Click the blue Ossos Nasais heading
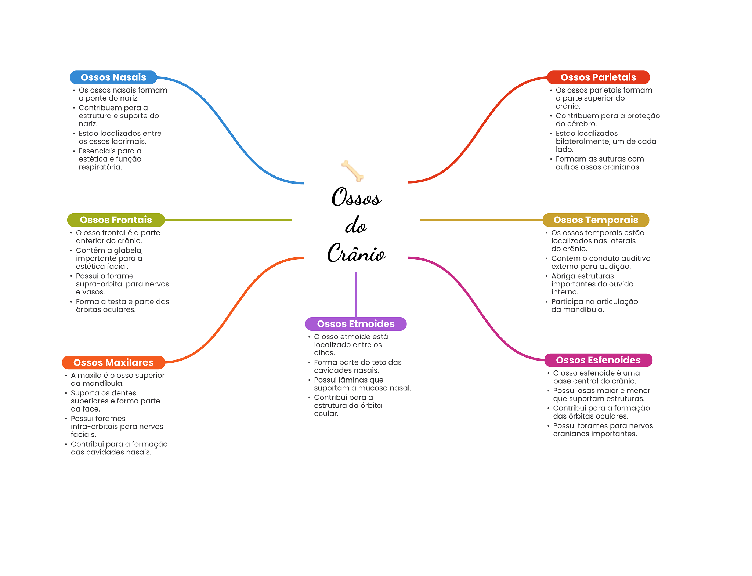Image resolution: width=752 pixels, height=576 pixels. (x=113, y=77)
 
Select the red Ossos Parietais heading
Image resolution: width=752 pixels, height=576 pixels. (x=598, y=77)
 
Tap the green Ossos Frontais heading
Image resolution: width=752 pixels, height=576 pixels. (x=116, y=220)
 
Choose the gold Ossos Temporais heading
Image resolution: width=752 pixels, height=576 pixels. (x=596, y=220)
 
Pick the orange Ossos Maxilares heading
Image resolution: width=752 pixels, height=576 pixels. (x=113, y=362)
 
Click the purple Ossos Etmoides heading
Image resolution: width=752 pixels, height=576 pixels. (x=356, y=324)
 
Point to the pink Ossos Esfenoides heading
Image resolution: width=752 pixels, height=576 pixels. (x=598, y=360)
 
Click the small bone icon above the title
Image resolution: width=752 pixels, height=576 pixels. (x=352, y=171)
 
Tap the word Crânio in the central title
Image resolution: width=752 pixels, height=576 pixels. (x=356, y=253)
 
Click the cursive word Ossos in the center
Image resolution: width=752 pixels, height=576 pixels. (x=356, y=197)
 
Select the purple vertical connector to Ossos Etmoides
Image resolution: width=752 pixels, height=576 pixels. (x=356, y=294)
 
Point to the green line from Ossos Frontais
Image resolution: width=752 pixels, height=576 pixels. (x=228, y=220)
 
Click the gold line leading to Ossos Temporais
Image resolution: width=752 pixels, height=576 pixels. (x=481, y=220)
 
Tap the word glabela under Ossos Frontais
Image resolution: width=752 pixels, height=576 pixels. (x=128, y=250)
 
